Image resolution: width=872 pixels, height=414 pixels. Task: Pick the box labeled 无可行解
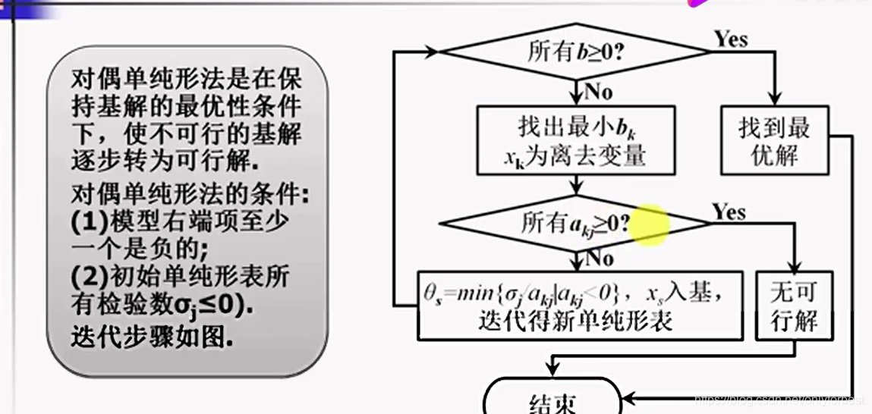[794, 306]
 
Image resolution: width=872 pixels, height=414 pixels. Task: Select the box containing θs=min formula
[580, 305]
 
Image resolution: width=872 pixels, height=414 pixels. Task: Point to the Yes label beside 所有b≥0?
[730, 39]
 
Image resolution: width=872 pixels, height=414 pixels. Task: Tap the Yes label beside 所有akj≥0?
[729, 212]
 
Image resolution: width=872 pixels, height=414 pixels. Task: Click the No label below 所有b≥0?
[598, 92]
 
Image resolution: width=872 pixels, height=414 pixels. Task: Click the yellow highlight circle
[648, 224]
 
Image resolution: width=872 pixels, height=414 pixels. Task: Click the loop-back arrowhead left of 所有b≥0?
[433, 52]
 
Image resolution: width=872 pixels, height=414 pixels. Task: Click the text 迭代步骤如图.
[152, 335]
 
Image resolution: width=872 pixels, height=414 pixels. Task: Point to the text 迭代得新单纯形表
[576, 321]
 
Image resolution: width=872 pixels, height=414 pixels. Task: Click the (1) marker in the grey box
[90, 220]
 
